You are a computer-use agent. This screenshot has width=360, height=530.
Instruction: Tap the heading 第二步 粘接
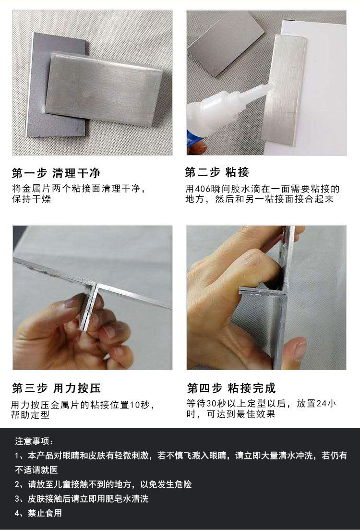pyautogui.click(x=217, y=172)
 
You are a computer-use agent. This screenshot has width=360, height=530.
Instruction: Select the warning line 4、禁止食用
pyautogui.click(x=38, y=513)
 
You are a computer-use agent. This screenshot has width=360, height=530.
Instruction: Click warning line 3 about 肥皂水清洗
pyautogui.click(x=82, y=499)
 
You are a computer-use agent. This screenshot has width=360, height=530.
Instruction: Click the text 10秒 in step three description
pyautogui.click(x=143, y=404)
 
